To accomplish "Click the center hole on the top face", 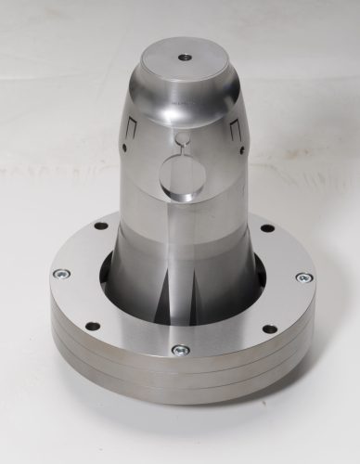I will click(x=186, y=56).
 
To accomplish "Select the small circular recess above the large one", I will click(x=183, y=140).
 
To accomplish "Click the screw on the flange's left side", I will click(x=62, y=275).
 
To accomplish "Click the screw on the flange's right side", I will click(x=303, y=277).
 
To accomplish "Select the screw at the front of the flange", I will click(x=181, y=350).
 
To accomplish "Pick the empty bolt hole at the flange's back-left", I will click(x=101, y=226).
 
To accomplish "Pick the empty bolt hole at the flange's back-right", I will click(x=267, y=227).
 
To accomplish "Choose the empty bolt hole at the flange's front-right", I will click(x=269, y=328).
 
